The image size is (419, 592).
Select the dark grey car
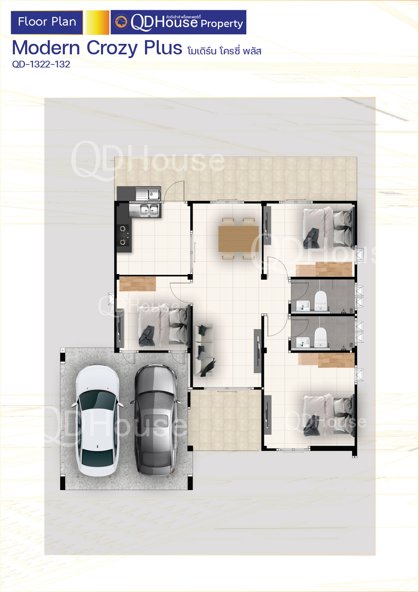click(155, 421)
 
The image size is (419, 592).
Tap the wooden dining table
click(239, 239)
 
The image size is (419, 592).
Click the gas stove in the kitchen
click(123, 235)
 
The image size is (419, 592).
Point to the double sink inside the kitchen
click(145, 210)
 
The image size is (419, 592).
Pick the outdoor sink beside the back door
click(148, 194)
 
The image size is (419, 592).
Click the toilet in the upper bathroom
click(321, 300)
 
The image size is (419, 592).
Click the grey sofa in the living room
click(203, 350)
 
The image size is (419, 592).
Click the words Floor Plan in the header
click(47, 22)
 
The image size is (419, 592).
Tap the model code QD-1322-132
click(41, 64)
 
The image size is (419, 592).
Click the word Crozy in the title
click(112, 48)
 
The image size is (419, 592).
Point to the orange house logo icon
click(121, 22)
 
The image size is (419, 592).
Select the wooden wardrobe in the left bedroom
click(138, 284)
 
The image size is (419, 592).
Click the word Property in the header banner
click(222, 24)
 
